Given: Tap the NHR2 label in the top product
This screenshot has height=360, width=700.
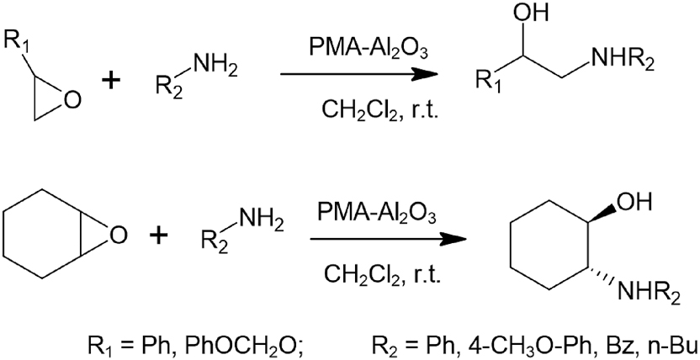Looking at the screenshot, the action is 622,64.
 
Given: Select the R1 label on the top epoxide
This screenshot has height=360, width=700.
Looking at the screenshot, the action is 16,41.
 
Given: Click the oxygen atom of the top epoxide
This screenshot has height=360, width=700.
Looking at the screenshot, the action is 72,101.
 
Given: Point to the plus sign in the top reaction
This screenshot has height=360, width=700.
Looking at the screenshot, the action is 112,82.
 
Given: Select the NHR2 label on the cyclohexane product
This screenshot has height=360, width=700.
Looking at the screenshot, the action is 649,295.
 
